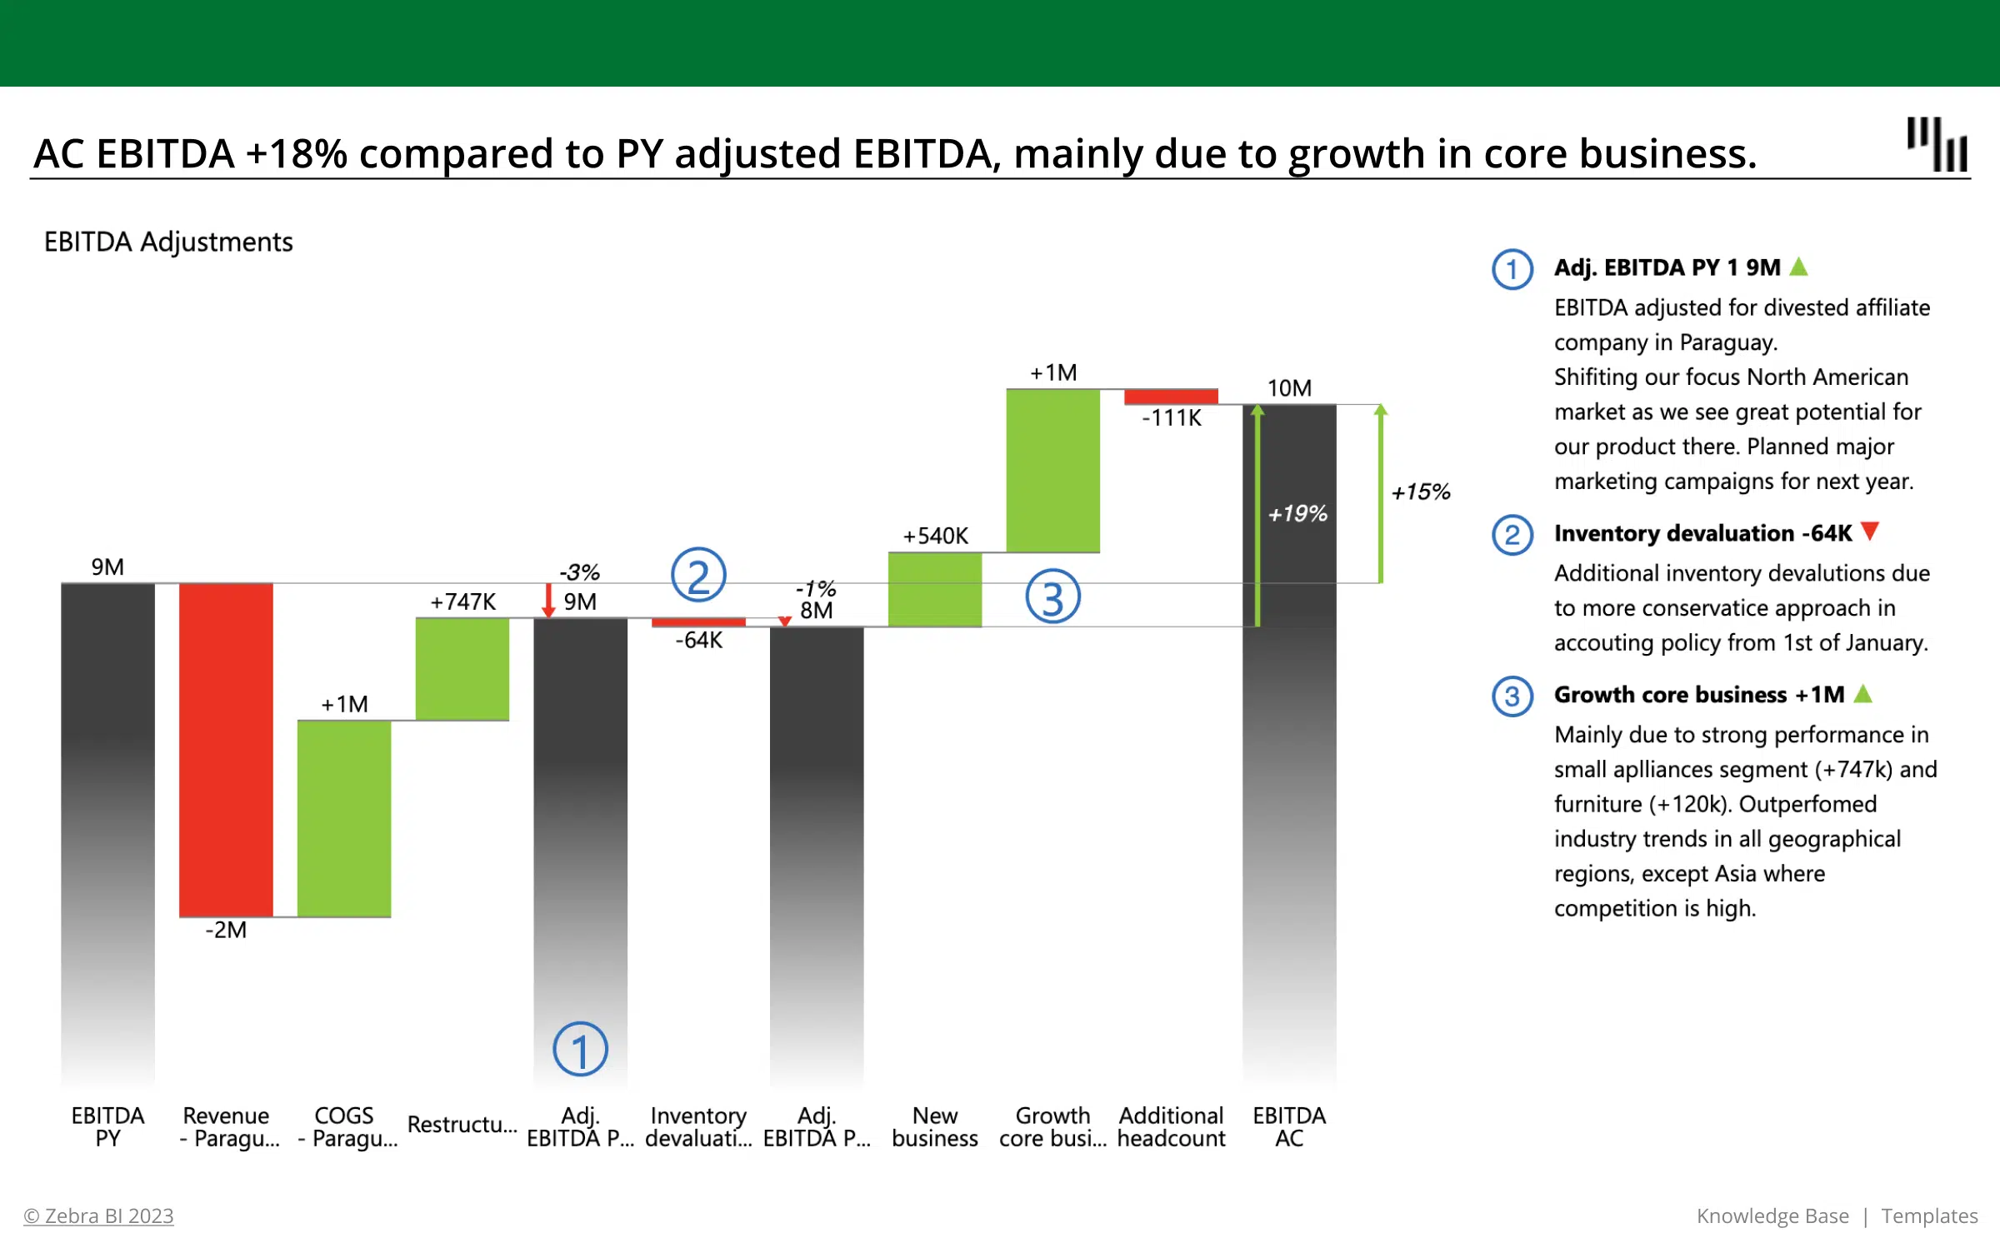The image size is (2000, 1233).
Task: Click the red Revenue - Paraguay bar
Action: pyautogui.click(x=226, y=750)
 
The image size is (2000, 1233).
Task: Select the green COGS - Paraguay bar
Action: pyautogui.click(x=344, y=818)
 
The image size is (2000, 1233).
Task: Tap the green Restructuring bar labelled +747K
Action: pyautogui.click(x=462, y=669)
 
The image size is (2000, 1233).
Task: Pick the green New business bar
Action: pyautogui.click(x=935, y=590)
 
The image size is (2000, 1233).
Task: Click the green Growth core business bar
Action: pyautogui.click(x=1052, y=471)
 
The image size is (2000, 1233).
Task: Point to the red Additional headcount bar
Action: pyautogui.click(x=1171, y=397)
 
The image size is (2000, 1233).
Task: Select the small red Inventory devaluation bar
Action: pyautogui.click(x=698, y=622)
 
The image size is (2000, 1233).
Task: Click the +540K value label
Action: pyautogui.click(x=935, y=536)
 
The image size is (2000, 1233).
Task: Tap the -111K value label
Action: pyautogui.click(x=1172, y=418)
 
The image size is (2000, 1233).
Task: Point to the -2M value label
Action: pyautogui.click(x=226, y=930)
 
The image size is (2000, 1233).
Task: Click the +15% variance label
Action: pyautogui.click(x=1421, y=492)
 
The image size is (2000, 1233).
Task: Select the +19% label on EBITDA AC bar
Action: pyautogui.click(x=1297, y=514)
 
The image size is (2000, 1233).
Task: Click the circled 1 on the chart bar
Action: pyautogui.click(x=580, y=1049)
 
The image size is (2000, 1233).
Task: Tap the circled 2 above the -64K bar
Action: pyautogui.click(x=698, y=576)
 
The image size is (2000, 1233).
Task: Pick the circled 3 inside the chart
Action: pyautogui.click(x=1052, y=597)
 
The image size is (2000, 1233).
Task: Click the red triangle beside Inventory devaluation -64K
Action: pyautogui.click(x=1870, y=532)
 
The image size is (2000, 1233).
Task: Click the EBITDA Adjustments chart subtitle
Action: pyautogui.click(x=168, y=242)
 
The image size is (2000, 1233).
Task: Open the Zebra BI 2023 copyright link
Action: pyautogui.click(x=99, y=1216)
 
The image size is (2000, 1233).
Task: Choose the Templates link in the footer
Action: pyautogui.click(x=1929, y=1216)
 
